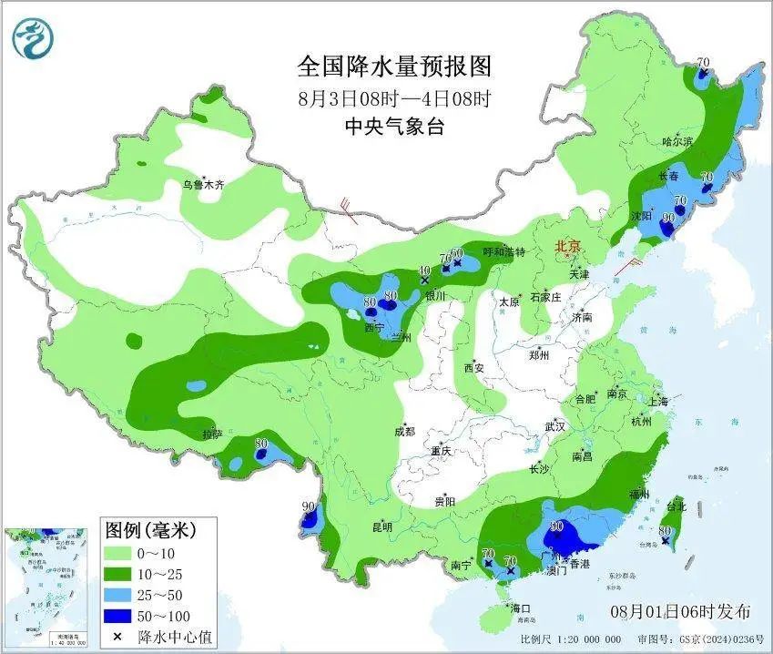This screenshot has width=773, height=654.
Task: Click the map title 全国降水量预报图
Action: pyautogui.click(x=394, y=66)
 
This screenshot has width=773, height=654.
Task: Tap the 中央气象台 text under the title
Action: pyautogui.click(x=394, y=128)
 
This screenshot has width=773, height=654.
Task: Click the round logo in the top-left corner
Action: pyautogui.click(x=34, y=37)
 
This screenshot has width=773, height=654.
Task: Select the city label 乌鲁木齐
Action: pyautogui.click(x=202, y=185)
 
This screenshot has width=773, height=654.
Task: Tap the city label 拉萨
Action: pyautogui.click(x=212, y=434)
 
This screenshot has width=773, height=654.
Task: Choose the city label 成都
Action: pyautogui.click(x=404, y=431)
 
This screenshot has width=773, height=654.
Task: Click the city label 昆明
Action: pyautogui.click(x=381, y=526)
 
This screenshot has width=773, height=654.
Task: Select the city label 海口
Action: pyautogui.click(x=520, y=608)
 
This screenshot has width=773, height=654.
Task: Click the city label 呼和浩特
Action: pyautogui.click(x=503, y=252)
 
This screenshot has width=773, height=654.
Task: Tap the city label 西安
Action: pyautogui.click(x=473, y=368)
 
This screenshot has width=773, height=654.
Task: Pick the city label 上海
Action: pyautogui.click(x=658, y=402)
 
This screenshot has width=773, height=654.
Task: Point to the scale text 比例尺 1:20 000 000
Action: pyautogui.click(x=577, y=640)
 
